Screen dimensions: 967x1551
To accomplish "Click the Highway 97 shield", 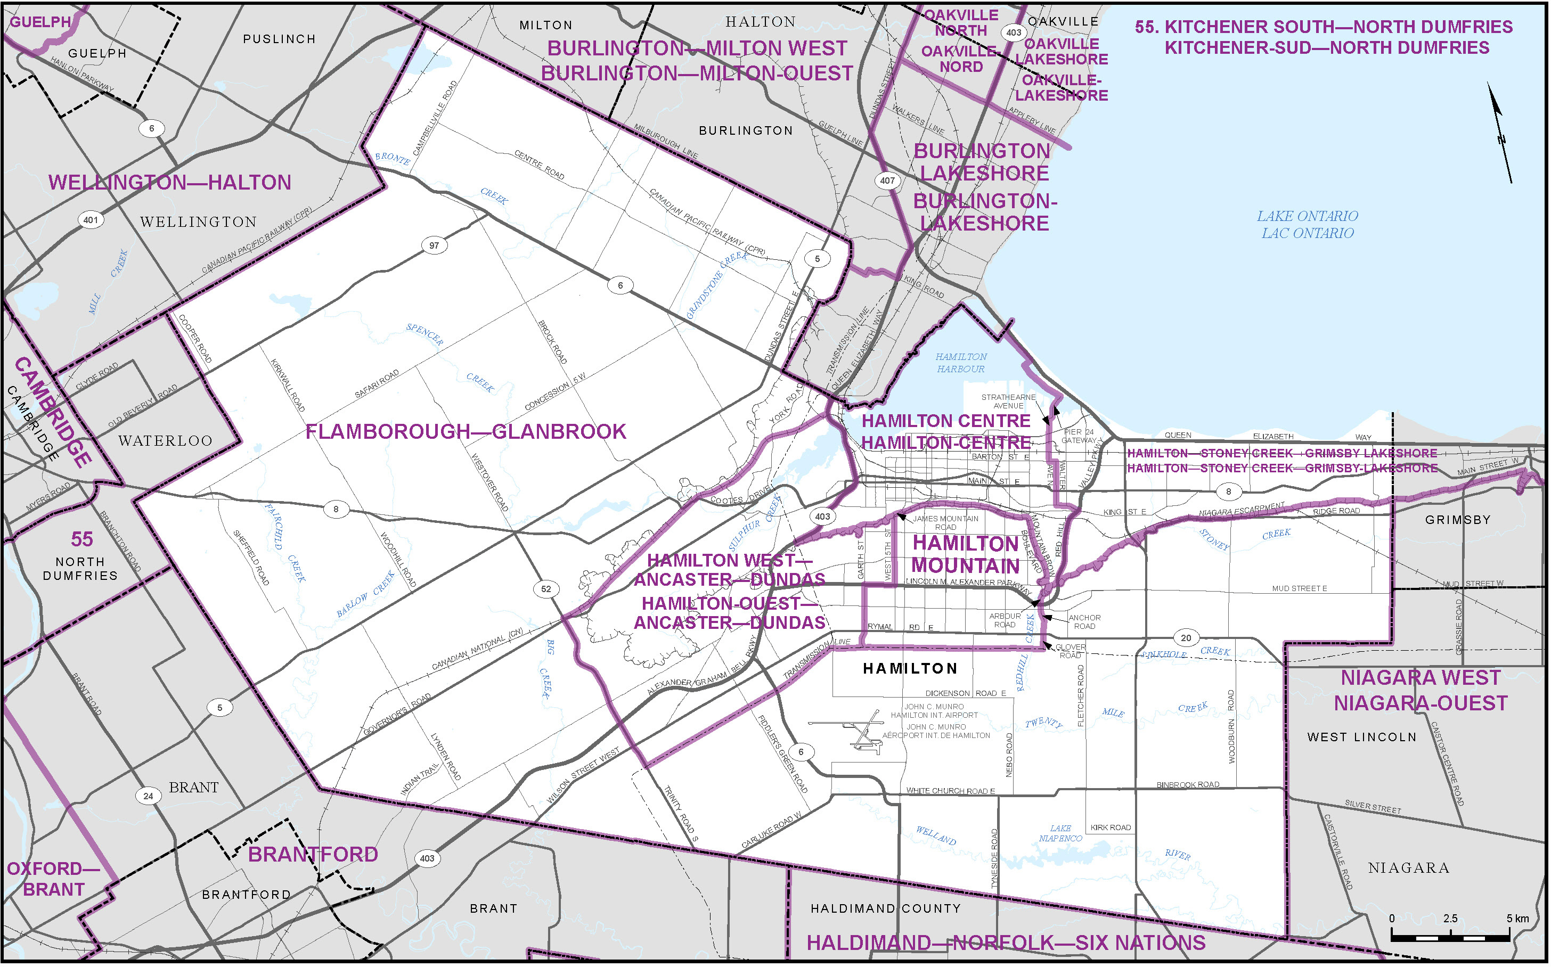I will click(x=434, y=245).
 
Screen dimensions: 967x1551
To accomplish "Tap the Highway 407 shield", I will click(x=887, y=181).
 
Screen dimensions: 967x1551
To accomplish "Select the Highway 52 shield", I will click(x=545, y=589).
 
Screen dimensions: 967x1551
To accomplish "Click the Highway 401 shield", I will click(x=91, y=220).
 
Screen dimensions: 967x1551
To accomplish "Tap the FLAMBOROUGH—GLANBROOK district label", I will click(x=466, y=432).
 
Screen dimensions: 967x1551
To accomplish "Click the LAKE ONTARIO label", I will click(x=1307, y=217).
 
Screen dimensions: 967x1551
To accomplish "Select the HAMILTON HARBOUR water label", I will click(x=961, y=363).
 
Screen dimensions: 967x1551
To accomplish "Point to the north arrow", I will click(x=1500, y=133).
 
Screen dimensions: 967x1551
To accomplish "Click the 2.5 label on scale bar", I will click(x=1450, y=919).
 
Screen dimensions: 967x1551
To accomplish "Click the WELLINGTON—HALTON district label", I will click(x=169, y=183).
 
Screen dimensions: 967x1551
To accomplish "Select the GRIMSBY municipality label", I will click(x=1458, y=520).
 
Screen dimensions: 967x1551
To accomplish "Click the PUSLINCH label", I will click(x=280, y=39).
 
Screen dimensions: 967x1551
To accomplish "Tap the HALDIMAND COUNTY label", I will click(x=885, y=908).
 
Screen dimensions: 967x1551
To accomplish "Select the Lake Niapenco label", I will click(x=1060, y=833).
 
